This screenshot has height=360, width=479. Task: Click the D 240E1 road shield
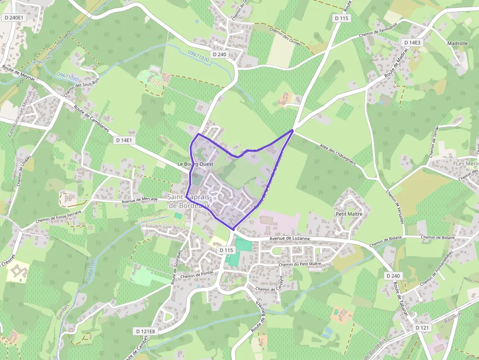coord(13,18)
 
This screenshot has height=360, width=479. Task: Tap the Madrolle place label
coord(457,43)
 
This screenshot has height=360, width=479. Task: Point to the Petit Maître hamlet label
coord(349,214)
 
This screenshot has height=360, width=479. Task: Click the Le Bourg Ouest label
coord(196,165)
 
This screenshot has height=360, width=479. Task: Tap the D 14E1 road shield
coord(124,140)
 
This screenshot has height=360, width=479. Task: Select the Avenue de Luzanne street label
coord(289,238)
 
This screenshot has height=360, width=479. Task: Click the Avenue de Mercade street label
coord(139,199)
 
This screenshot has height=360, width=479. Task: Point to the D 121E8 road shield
coord(145,331)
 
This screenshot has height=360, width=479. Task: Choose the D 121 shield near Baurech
coord(422,328)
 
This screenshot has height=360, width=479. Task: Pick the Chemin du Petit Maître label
coord(300,264)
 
